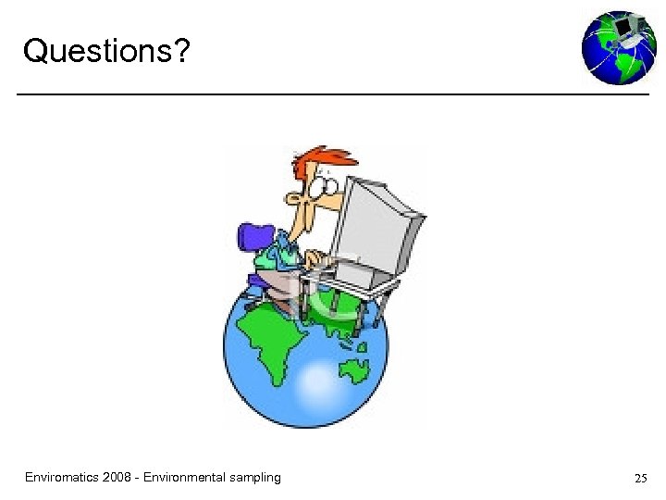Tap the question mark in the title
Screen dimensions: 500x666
[x=180, y=51]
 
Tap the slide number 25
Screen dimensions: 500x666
[x=640, y=479]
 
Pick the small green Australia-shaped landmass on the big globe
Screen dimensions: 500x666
[x=353, y=371]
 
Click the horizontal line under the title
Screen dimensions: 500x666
[x=333, y=94]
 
